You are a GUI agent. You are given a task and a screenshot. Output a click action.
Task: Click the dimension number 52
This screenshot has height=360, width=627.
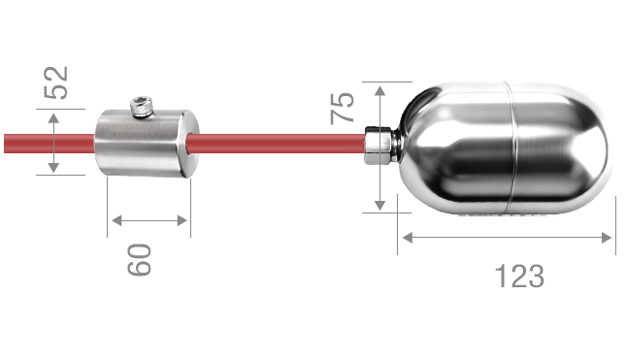[56, 82]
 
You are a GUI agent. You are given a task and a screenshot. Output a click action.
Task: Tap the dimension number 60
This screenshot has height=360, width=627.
[139, 260]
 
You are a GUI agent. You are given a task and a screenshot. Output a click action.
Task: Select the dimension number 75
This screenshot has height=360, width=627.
[342, 109]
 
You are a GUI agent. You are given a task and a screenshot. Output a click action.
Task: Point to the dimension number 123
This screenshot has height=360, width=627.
[519, 277]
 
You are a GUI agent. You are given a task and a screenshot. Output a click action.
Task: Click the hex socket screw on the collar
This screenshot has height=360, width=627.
[142, 107]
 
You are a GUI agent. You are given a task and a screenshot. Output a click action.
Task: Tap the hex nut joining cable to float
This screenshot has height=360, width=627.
[378, 145]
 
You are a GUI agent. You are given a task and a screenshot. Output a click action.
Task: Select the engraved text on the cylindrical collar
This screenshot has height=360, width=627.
[140, 131]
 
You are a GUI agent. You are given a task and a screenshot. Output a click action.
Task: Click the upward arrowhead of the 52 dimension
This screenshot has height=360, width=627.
[53, 118]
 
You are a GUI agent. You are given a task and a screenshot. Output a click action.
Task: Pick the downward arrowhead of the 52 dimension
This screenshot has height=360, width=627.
[53, 168]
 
